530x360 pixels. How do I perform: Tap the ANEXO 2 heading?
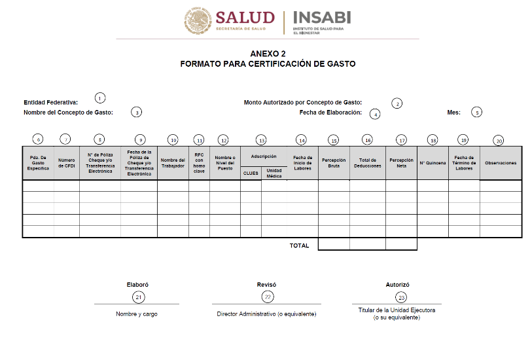click(268, 53)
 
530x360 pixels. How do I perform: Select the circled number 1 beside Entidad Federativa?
click(99, 98)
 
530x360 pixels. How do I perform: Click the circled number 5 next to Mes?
click(477, 112)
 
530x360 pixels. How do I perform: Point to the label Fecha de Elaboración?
click(330, 113)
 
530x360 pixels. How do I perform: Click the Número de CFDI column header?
click(66, 162)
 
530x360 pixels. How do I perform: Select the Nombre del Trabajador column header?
click(173, 162)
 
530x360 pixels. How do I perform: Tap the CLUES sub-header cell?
click(251, 173)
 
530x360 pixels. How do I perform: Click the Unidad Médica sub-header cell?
click(274, 173)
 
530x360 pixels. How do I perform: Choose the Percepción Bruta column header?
click(334, 162)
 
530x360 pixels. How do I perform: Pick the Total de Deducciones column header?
click(367, 162)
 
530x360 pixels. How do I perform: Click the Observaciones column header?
click(501, 162)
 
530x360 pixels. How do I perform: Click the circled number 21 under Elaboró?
click(138, 297)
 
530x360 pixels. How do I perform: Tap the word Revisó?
click(266, 285)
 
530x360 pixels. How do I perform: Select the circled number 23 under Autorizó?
click(401, 297)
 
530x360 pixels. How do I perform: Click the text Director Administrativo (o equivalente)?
click(266, 314)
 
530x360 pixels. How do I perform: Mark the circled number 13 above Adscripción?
click(262, 140)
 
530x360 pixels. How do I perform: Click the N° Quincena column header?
click(432, 162)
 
